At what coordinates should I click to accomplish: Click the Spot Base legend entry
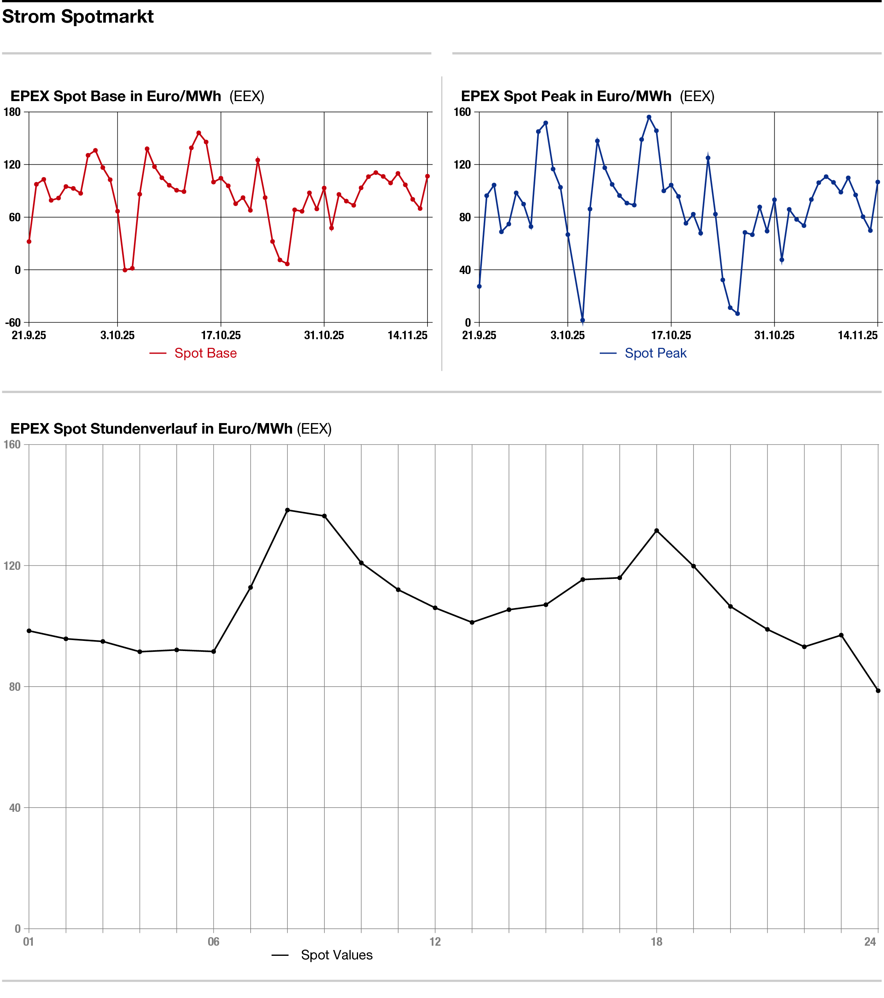[205, 353]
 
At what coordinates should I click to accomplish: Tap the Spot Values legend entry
[336, 955]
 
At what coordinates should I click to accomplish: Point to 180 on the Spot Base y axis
[12, 112]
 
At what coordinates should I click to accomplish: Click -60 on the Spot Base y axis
[13, 323]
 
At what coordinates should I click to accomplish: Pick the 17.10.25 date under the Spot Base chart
[221, 335]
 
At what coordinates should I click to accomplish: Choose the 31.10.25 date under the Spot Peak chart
[774, 335]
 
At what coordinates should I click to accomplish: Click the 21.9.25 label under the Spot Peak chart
[479, 335]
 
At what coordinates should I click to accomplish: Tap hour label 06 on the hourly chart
[214, 942]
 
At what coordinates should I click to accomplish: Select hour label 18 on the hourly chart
[656, 942]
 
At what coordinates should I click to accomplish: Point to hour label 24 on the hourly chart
[870, 942]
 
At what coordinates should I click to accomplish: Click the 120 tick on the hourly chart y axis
[12, 566]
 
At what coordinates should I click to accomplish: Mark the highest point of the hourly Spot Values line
[287, 510]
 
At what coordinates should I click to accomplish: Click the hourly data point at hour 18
[656, 531]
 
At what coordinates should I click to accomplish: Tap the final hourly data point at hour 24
[878, 691]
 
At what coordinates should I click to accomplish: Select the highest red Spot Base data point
[199, 133]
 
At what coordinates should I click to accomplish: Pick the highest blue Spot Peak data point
[649, 117]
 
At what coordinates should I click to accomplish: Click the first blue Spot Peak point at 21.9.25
[479, 286]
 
